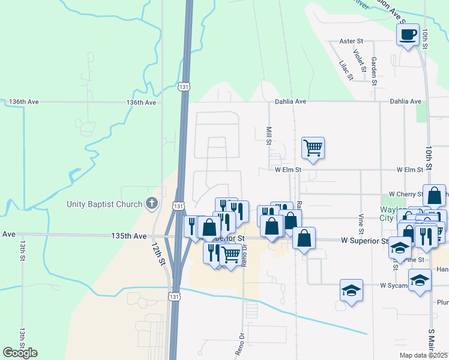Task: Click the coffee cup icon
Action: (408, 34)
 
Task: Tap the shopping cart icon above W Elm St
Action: (313, 147)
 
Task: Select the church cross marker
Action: (151, 203)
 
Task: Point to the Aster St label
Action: (352, 41)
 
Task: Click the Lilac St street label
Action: (344, 71)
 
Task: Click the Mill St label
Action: (268, 136)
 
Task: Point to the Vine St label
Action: (361, 223)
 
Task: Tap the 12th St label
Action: (158, 254)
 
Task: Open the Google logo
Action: (20, 353)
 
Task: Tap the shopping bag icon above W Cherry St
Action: (434, 195)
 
